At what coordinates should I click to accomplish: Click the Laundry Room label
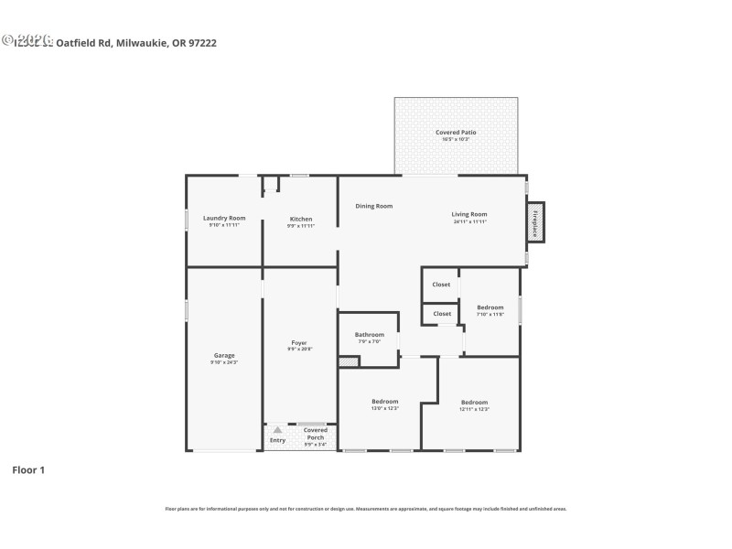[x=224, y=219]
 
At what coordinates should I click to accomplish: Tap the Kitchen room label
[x=301, y=220]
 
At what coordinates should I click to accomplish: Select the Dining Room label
[x=374, y=206]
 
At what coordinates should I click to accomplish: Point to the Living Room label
[x=469, y=214]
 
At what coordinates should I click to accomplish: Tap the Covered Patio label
[x=455, y=133]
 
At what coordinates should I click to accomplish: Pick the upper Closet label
[x=441, y=285]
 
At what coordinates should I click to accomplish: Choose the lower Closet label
[x=442, y=314]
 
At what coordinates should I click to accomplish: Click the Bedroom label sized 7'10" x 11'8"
[x=490, y=307]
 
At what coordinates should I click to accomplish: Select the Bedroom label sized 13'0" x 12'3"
[x=384, y=402]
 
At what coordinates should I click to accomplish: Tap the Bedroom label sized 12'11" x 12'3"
[x=474, y=403]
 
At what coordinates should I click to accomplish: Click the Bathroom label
[x=370, y=335]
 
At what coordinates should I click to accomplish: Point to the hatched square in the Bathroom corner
[x=348, y=362]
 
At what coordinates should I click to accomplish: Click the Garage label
[x=224, y=355]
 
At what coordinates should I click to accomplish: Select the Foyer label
[x=299, y=343]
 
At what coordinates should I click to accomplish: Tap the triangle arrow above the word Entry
[x=277, y=429]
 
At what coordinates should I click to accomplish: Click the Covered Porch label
[x=316, y=434]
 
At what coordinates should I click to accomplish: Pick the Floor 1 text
[x=27, y=470]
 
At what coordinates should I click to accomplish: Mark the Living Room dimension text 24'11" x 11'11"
[x=469, y=221]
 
